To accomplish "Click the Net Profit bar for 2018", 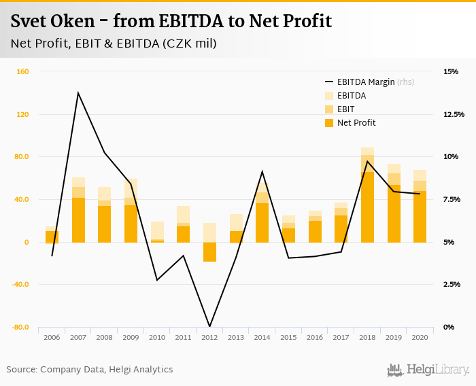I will click(367, 207).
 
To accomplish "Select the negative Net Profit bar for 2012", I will click(209, 252).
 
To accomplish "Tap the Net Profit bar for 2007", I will click(78, 220).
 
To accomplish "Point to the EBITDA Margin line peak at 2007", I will click(78, 92).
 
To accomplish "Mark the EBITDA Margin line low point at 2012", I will click(209, 327).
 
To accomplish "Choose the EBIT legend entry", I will click(347, 109).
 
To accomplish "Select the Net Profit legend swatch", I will click(330, 123).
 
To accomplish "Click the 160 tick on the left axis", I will click(22, 71).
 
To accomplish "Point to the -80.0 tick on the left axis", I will click(20, 327).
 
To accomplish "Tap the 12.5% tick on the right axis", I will click(454, 114).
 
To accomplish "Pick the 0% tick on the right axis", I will click(449, 327).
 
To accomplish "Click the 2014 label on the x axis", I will click(262, 336).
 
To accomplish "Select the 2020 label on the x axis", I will click(420, 336).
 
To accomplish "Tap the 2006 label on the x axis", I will click(52, 336).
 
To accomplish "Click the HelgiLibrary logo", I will click(428, 370).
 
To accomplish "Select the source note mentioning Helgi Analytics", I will click(90, 370).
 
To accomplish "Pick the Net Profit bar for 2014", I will click(262, 222).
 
